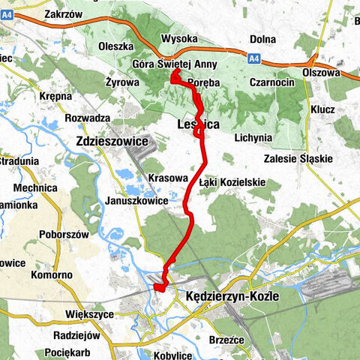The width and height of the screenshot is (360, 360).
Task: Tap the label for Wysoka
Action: [179, 39]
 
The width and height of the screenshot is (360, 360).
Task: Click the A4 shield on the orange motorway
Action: [255, 58]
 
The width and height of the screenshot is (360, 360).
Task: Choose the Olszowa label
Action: [321, 73]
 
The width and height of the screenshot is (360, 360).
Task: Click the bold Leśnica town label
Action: [198, 124]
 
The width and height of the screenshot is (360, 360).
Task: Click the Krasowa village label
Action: [167, 178]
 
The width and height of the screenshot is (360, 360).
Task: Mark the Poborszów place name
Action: [63, 234]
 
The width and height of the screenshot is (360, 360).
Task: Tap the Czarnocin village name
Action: [272, 83]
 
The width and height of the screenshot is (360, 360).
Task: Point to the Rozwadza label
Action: [88, 118]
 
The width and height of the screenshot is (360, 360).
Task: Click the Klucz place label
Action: [321, 109]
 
